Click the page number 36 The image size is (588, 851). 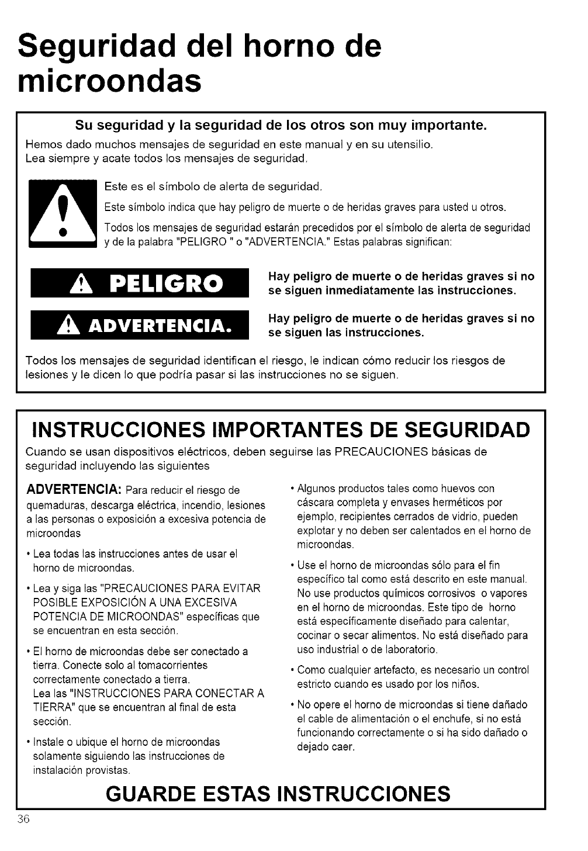23,819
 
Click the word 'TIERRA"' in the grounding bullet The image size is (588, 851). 50,707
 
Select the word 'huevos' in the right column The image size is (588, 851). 458,489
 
